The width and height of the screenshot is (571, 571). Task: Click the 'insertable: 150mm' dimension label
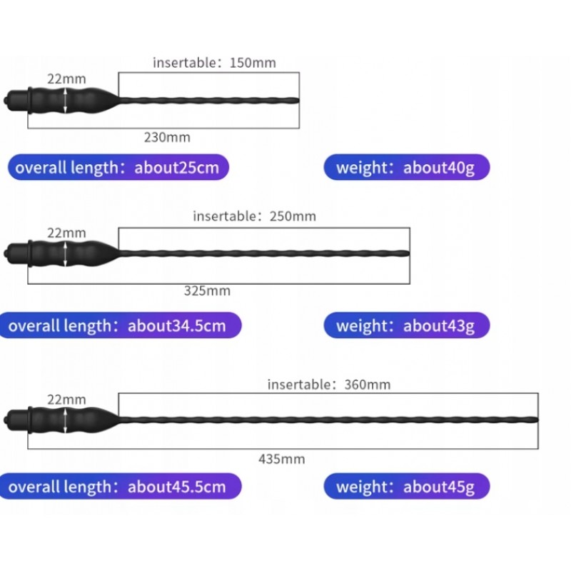coord(214,63)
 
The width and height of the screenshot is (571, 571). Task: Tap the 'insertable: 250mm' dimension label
coord(254,216)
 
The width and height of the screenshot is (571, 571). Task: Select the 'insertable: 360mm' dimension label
coord(329,385)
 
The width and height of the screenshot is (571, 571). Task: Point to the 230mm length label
coord(167,137)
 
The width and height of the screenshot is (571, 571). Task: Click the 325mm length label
coord(207,290)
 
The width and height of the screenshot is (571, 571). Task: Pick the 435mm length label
coord(281,459)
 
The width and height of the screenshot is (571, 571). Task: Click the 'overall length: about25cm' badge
coord(118,167)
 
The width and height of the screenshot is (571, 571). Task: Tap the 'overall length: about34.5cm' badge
coord(120,325)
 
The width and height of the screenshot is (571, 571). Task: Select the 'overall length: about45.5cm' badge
coord(120,487)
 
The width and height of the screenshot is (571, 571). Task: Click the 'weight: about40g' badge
coord(407,167)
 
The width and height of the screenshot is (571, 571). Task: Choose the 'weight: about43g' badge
coord(407,325)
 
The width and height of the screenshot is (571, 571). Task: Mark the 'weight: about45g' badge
coord(407,487)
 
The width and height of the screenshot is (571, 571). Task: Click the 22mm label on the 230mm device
coord(66,79)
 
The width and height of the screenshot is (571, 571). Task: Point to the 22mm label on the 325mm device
coord(66,233)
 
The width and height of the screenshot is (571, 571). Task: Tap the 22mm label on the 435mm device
coord(66,400)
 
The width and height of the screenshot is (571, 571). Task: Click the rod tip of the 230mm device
coord(298,101)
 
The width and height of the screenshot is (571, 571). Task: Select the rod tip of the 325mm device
coord(408,253)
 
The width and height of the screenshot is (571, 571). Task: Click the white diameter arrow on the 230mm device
coord(65,101)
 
